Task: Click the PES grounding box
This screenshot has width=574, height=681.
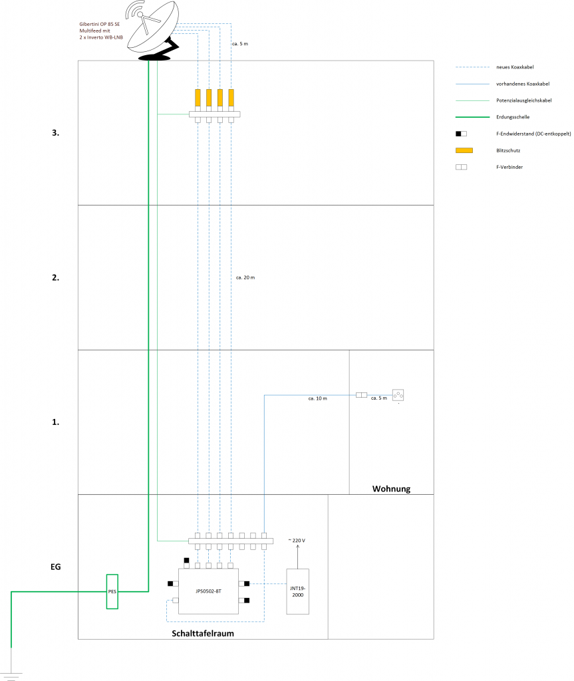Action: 112,591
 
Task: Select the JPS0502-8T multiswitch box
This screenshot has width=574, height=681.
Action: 209,591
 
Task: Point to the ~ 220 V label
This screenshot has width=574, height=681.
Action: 297,541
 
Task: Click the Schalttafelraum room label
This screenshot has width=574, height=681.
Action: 203,634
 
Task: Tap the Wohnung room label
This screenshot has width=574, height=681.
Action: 390,489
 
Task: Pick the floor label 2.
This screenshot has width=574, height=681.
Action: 56,278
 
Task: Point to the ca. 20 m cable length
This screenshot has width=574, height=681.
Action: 245,277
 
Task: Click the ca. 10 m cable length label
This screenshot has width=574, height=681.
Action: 317,399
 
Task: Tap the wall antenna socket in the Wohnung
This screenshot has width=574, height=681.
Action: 398,395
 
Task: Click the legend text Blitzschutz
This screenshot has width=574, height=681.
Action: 509,150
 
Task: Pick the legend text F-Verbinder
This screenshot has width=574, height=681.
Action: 509,167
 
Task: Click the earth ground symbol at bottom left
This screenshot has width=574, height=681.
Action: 11,668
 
